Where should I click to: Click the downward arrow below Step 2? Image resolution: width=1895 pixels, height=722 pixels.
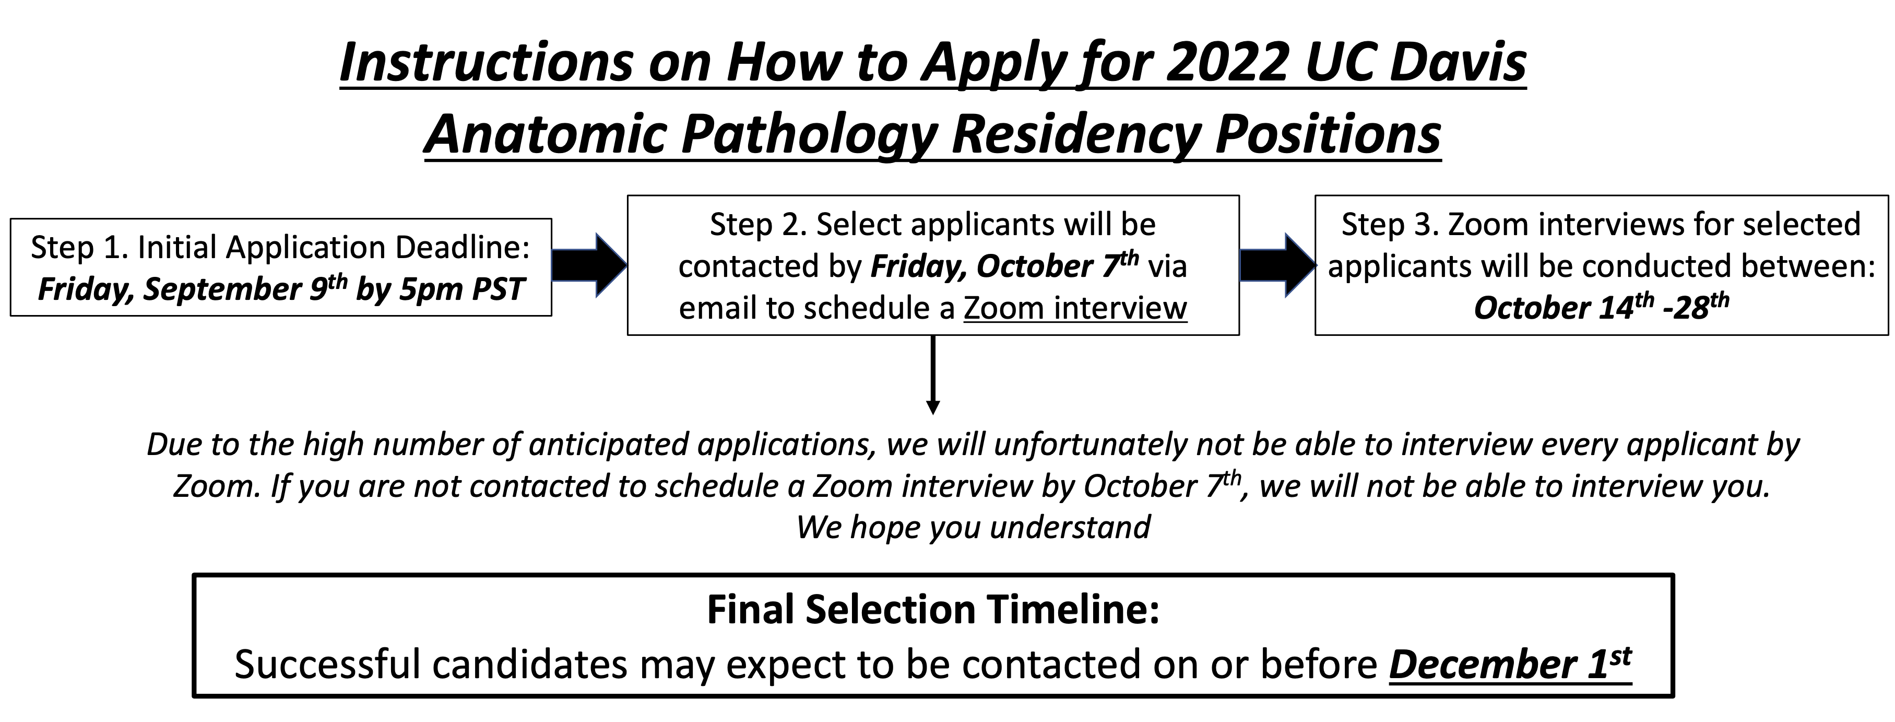tap(933, 375)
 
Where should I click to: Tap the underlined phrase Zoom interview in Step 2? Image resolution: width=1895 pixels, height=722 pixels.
tap(1075, 308)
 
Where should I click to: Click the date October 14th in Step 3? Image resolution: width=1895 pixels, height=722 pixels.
tap(1563, 308)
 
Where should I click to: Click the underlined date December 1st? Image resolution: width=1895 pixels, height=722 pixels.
tap(1510, 664)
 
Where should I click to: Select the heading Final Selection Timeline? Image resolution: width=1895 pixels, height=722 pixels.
tap(933, 609)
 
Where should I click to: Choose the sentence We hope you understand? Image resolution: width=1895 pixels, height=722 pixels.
tap(973, 527)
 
